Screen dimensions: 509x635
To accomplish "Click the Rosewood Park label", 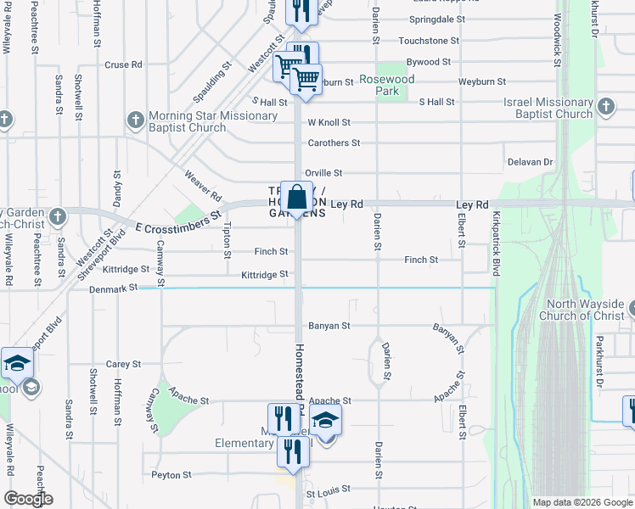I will pyautogui.click(x=386, y=85).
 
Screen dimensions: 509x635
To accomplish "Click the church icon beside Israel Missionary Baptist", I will pyautogui.click(x=606, y=107).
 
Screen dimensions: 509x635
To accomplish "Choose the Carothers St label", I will pyautogui.click(x=334, y=143).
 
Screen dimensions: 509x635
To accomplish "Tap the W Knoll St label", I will pyautogui.click(x=329, y=123).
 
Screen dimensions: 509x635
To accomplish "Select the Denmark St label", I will pyautogui.click(x=113, y=289).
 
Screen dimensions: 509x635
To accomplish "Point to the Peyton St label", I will pyautogui.click(x=171, y=475).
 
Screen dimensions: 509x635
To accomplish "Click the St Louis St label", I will pyautogui.click(x=328, y=492).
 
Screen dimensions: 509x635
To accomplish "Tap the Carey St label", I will pyautogui.click(x=123, y=364).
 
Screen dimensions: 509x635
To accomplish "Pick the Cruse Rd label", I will pyautogui.click(x=123, y=64).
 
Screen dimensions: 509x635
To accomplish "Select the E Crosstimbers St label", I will pyautogui.click(x=178, y=223).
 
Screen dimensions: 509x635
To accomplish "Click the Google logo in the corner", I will pyautogui.click(x=28, y=499).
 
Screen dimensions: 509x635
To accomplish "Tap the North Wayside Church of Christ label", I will pyautogui.click(x=586, y=310).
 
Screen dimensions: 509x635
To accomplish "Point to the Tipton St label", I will pyautogui.click(x=227, y=239).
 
